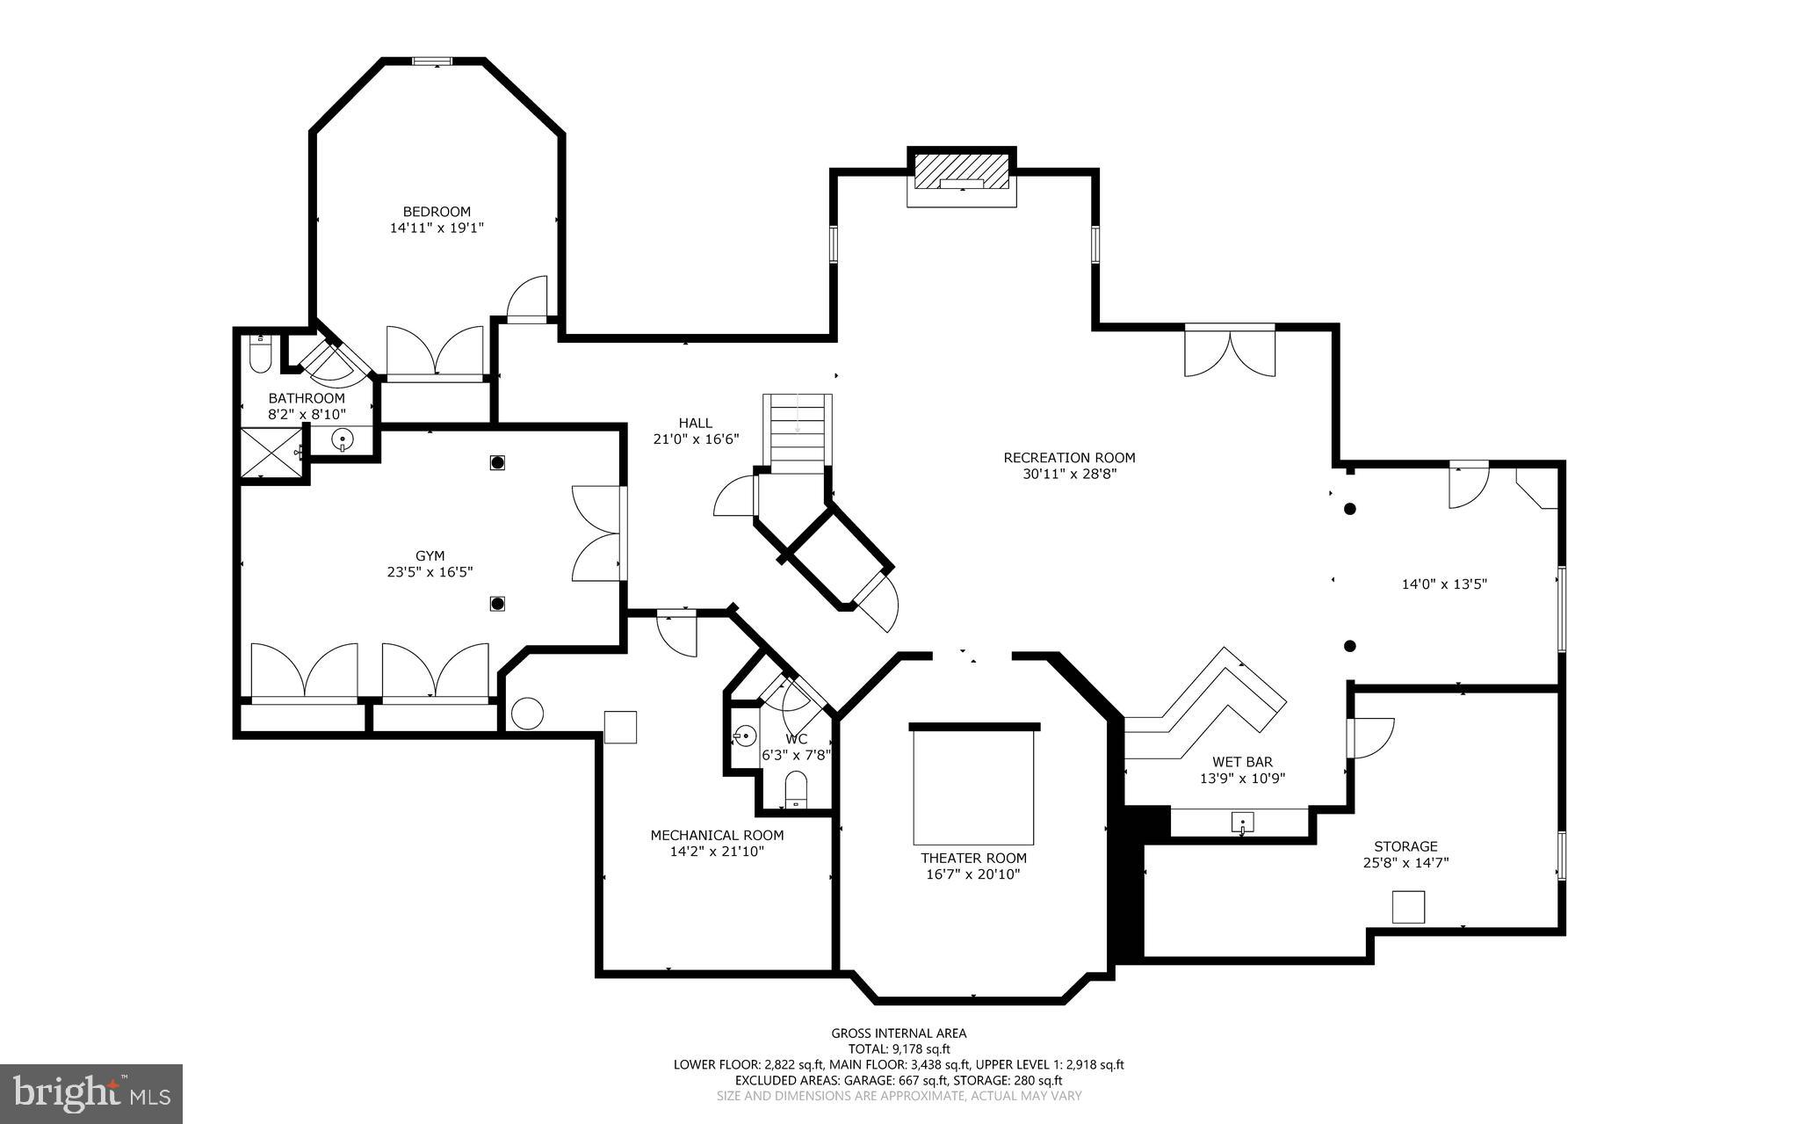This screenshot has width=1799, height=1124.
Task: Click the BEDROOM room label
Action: click(x=437, y=212)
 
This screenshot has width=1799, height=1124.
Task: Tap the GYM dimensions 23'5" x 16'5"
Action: click(x=430, y=572)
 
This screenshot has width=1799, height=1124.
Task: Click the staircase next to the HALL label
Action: click(x=797, y=433)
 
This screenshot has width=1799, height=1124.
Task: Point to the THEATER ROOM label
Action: click(x=973, y=859)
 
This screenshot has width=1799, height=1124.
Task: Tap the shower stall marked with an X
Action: click(x=270, y=453)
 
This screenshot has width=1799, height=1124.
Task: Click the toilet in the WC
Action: click(x=795, y=787)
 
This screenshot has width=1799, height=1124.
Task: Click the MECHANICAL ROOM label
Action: click(x=717, y=836)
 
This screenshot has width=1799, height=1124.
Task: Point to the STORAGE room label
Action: click(x=1405, y=847)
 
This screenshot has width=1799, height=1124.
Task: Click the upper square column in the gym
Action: click(x=497, y=461)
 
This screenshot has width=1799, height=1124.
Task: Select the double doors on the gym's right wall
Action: click(x=597, y=533)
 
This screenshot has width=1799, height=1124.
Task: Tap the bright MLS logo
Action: click(x=91, y=1092)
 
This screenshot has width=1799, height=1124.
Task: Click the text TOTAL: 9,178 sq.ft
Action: click(x=899, y=1049)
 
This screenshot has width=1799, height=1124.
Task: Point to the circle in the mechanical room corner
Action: click(x=527, y=713)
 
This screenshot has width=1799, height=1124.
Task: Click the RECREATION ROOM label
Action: click(x=1069, y=458)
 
